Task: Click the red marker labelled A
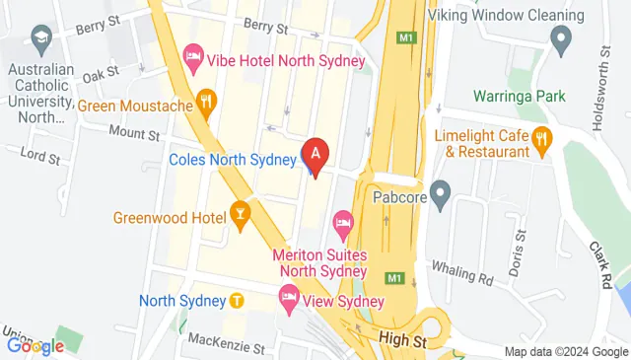(315, 154)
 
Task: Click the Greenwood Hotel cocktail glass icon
(240, 213)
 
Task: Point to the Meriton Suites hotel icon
(342, 224)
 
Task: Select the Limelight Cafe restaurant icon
(541, 140)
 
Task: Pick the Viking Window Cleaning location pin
(562, 41)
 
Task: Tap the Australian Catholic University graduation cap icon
(41, 40)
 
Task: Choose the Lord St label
(40, 156)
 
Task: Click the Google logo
(35, 345)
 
